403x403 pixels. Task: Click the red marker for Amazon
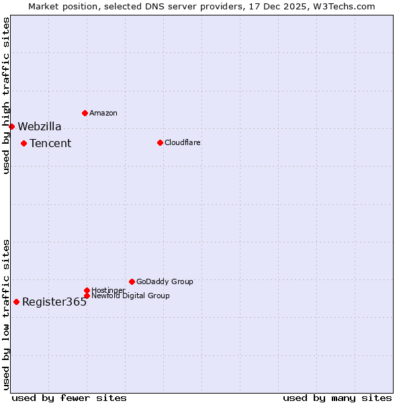(x=85, y=113)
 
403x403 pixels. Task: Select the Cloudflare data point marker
(x=160, y=142)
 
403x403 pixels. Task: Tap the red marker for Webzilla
(x=11, y=126)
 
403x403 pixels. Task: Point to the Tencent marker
(x=24, y=143)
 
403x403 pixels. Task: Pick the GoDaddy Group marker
(x=132, y=281)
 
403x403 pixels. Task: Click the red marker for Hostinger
(x=87, y=290)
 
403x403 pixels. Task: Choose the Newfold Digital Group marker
(x=87, y=296)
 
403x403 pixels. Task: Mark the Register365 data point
(x=16, y=302)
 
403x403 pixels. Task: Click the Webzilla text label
(x=40, y=126)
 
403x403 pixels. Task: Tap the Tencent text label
(x=50, y=143)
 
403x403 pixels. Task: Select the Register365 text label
(x=54, y=302)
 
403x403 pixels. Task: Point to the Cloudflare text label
(x=183, y=142)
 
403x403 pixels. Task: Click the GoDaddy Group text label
(x=165, y=281)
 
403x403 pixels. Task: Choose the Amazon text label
(x=103, y=113)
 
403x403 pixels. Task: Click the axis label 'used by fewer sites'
(x=69, y=398)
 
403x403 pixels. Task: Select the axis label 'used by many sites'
(x=337, y=398)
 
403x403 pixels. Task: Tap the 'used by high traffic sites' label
(x=6, y=95)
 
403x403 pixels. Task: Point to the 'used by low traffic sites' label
(x=6, y=314)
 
